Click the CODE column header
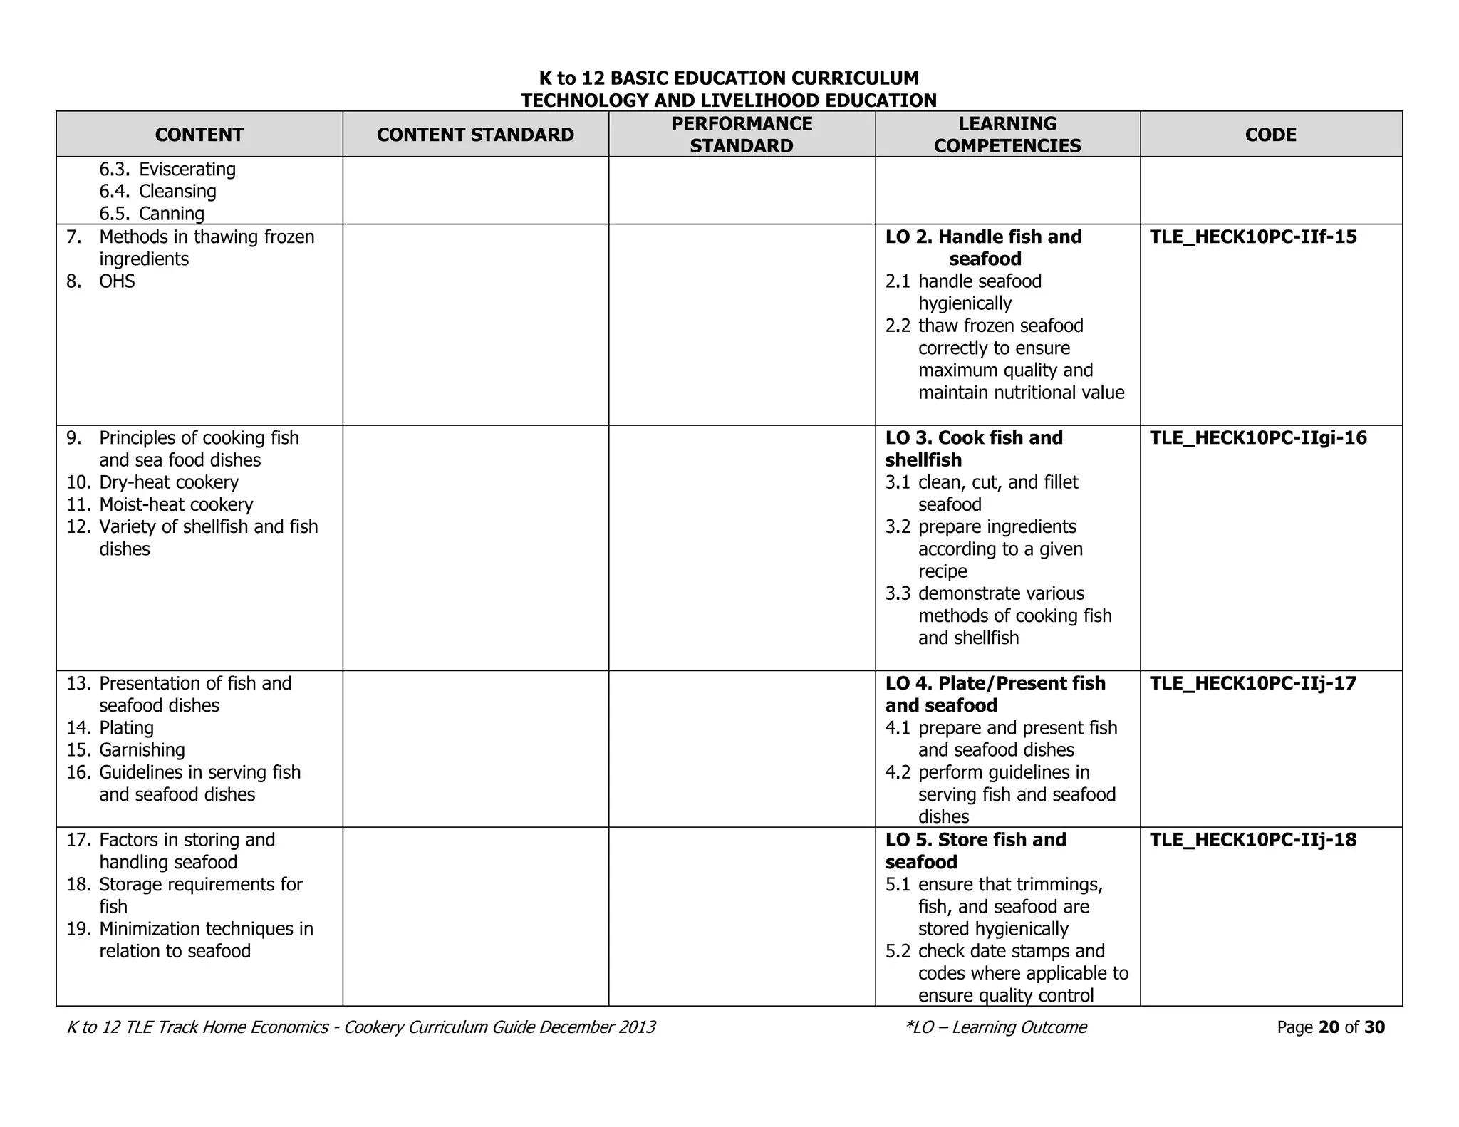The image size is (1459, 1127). (x=1270, y=135)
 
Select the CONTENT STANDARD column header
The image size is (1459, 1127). (x=475, y=135)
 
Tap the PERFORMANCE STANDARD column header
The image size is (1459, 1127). (x=742, y=135)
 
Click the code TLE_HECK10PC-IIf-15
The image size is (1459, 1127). (x=1253, y=237)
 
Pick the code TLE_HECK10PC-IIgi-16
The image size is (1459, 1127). (x=1258, y=438)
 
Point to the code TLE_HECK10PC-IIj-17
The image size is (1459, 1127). (x=1253, y=684)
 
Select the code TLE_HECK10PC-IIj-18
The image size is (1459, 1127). (x=1253, y=840)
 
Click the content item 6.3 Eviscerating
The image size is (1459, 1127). (x=167, y=170)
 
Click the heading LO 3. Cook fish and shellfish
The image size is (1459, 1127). (x=973, y=449)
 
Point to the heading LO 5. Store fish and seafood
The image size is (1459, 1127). (x=975, y=851)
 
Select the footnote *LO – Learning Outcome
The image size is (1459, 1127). (x=995, y=1027)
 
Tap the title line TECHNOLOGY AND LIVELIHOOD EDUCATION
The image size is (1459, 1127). (x=729, y=100)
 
